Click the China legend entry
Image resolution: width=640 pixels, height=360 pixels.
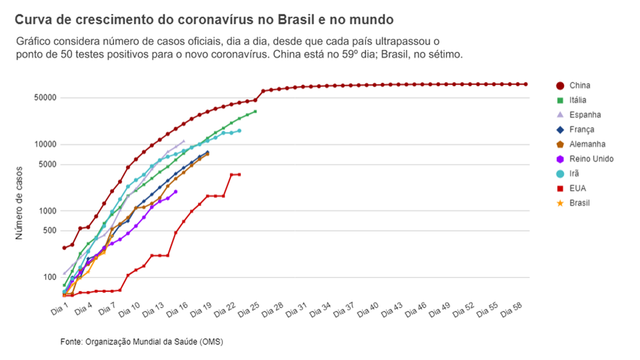(x=573, y=86)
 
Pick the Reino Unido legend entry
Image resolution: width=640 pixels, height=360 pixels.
(x=584, y=159)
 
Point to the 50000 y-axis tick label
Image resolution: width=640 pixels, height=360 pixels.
(x=45, y=98)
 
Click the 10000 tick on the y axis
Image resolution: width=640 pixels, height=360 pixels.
(x=45, y=144)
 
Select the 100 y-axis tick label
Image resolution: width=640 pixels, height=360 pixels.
(x=49, y=277)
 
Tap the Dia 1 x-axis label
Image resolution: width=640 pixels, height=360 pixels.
(x=59, y=310)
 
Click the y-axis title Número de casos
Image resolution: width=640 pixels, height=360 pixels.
(x=19, y=203)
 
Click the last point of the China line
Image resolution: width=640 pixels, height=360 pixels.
(x=526, y=85)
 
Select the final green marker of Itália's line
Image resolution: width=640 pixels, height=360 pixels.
(x=255, y=111)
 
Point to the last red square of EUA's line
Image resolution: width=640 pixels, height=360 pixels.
(x=239, y=174)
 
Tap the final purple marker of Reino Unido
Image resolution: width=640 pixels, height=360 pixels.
(x=176, y=191)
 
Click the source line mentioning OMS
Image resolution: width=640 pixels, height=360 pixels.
(x=142, y=342)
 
